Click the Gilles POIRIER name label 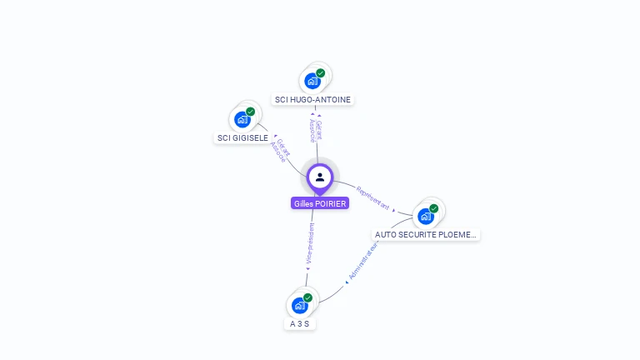tap(320, 203)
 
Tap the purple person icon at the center tap(320, 177)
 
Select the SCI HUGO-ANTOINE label tap(312, 99)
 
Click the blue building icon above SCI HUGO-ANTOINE tap(312, 81)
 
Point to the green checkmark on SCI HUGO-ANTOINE tap(321, 72)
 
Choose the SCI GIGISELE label tap(242, 137)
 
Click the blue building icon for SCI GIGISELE tap(242, 119)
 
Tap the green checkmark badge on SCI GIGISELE tap(251, 111)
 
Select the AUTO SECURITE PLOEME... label tap(426, 235)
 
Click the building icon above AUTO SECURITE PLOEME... tap(425, 217)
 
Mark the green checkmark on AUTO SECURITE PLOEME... tap(434, 208)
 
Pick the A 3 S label tap(299, 323)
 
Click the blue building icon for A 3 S tap(299, 306)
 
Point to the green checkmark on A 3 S tap(308, 297)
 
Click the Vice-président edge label tap(310, 243)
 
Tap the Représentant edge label tap(372, 196)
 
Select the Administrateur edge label tap(364, 261)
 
